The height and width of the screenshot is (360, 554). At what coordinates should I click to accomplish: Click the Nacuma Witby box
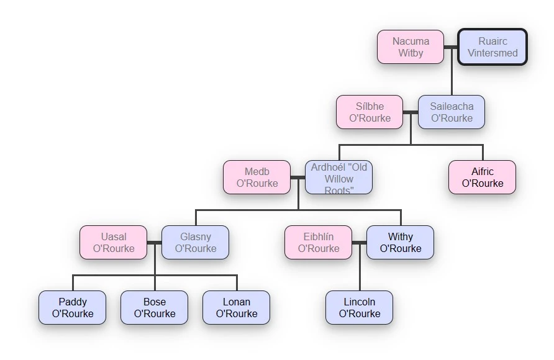[x=411, y=47]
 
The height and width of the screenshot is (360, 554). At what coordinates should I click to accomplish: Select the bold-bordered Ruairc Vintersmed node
[x=493, y=47]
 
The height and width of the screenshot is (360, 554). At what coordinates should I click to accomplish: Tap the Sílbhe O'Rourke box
[x=370, y=112]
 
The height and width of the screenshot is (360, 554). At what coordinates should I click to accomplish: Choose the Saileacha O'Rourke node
[x=452, y=112]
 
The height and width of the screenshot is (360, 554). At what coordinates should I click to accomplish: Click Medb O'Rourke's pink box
[x=257, y=178]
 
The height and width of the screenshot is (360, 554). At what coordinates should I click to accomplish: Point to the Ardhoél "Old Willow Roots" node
[x=338, y=178]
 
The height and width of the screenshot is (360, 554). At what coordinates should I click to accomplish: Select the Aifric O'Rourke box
[x=483, y=178]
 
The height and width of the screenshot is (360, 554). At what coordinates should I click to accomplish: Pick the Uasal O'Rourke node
[x=114, y=243]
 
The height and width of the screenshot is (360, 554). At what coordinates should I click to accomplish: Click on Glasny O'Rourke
[x=196, y=243]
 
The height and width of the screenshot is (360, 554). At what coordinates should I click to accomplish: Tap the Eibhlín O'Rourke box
[x=319, y=243]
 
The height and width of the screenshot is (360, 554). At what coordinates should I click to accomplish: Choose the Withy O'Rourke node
[x=401, y=243]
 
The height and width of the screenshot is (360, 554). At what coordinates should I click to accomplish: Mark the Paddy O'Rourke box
[x=73, y=308]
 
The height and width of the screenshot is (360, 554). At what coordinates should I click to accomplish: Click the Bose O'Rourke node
[x=155, y=308]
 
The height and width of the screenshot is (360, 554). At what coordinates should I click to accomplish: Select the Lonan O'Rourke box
[x=237, y=308]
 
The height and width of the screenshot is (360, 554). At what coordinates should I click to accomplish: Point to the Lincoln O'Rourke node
[x=360, y=308]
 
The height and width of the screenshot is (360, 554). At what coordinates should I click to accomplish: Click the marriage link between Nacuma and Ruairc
[x=452, y=47]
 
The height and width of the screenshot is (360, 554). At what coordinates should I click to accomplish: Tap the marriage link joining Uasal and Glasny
[x=155, y=243]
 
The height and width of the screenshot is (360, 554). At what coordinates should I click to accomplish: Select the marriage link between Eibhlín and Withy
[x=360, y=243]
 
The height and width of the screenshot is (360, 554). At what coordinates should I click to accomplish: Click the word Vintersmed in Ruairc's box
[x=493, y=53]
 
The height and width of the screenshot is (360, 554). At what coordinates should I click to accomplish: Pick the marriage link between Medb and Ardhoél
[x=297, y=178]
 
